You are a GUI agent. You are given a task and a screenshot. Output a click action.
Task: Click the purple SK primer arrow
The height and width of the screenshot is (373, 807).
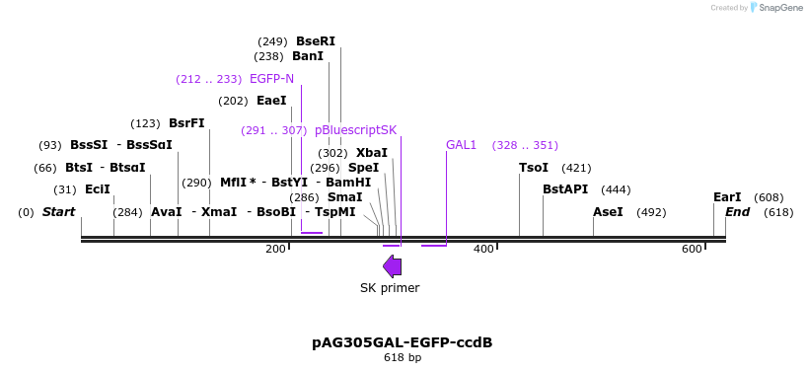click(x=392, y=266)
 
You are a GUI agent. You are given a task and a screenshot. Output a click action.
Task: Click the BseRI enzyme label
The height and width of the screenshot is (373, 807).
click(x=316, y=41)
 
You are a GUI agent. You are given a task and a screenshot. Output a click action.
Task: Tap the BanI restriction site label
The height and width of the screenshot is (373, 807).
click(x=308, y=56)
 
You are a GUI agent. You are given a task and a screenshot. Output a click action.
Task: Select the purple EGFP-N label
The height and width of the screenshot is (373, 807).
click(x=271, y=79)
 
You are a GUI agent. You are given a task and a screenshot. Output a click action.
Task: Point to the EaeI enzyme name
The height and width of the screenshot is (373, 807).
click(x=271, y=101)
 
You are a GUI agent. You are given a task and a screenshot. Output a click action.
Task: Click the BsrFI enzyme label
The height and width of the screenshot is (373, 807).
click(x=186, y=123)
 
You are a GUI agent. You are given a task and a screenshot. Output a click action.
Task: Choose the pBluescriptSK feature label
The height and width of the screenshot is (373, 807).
click(x=356, y=130)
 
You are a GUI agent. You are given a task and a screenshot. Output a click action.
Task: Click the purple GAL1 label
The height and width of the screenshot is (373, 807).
click(x=462, y=145)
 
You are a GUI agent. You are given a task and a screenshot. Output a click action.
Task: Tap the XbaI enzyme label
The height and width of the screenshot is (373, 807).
click(x=372, y=153)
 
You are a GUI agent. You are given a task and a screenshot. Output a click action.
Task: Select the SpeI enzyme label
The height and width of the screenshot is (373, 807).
click(x=363, y=168)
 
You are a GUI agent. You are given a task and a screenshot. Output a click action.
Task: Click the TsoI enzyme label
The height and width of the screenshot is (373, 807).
click(x=534, y=168)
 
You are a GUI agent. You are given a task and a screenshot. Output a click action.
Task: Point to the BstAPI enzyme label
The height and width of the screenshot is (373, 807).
click(x=565, y=189)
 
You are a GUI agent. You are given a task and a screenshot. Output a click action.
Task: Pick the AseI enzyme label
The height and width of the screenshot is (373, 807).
click(x=609, y=212)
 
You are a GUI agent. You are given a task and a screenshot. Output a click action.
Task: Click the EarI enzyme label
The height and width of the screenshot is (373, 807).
click(x=727, y=197)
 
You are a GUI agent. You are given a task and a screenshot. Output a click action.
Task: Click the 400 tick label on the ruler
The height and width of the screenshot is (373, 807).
click(x=483, y=249)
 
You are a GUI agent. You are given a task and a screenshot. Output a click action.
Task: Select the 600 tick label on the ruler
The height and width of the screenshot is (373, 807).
click(x=692, y=249)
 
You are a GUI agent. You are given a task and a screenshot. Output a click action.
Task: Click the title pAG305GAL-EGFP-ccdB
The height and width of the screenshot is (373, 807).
click(x=403, y=342)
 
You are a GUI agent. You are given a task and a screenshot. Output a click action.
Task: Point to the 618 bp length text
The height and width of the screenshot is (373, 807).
click(x=403, y=357)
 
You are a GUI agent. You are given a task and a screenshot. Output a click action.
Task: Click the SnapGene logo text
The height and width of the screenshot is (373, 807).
click(x=779, y=8)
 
